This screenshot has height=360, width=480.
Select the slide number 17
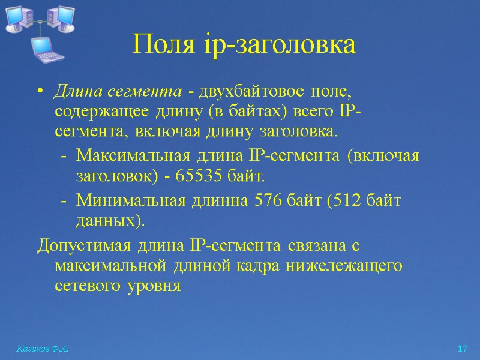point(461,349)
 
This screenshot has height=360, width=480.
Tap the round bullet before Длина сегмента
point(40,92)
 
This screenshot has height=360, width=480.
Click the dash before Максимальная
point(64,157)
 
